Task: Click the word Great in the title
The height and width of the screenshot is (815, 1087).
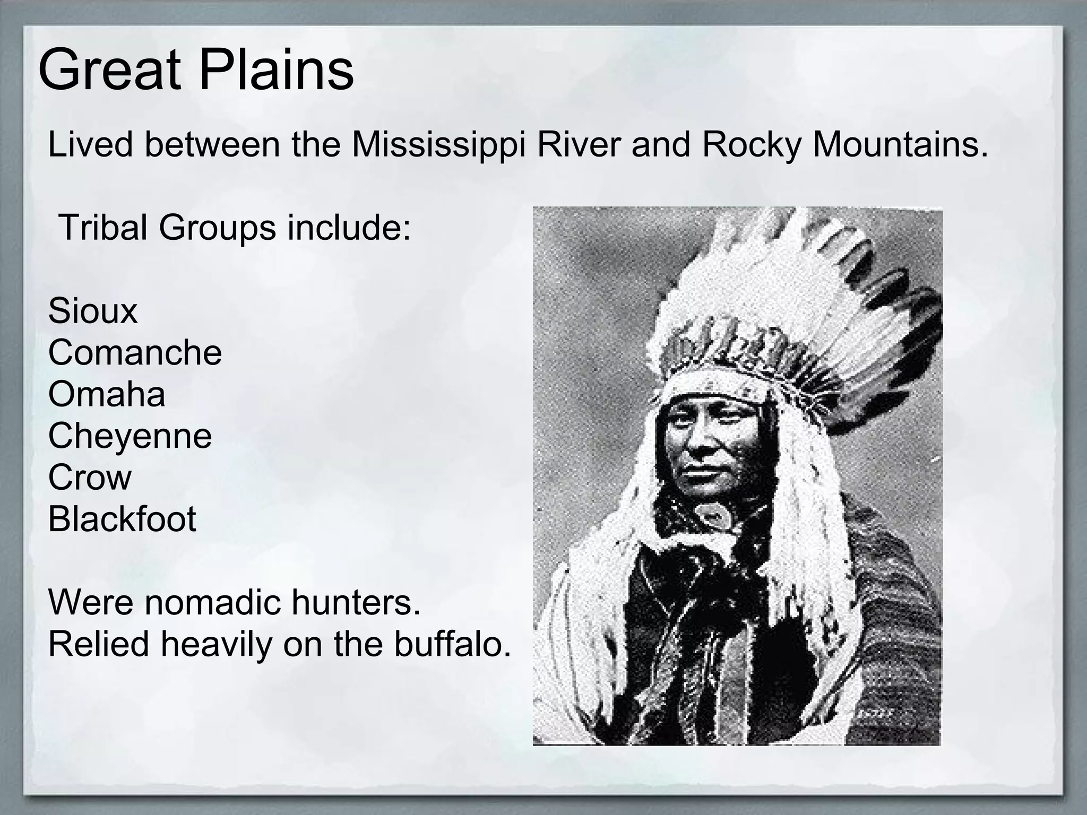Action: click(x=108, y=71)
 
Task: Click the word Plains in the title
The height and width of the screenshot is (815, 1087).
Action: click(x=276, y=71)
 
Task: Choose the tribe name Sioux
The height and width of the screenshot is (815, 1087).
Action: click(x=92, y=311)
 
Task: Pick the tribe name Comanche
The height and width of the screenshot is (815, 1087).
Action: click(x=135, y=352)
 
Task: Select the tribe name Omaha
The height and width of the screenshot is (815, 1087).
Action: click(x=106, y=394)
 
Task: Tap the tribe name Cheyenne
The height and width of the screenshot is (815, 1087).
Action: click(x=130, y=436)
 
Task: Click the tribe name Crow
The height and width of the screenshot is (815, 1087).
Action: click(x=89, y=477)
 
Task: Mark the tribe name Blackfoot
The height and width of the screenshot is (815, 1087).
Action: click(x=122, y=518)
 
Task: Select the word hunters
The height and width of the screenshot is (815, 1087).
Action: click(x=350, y=602)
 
